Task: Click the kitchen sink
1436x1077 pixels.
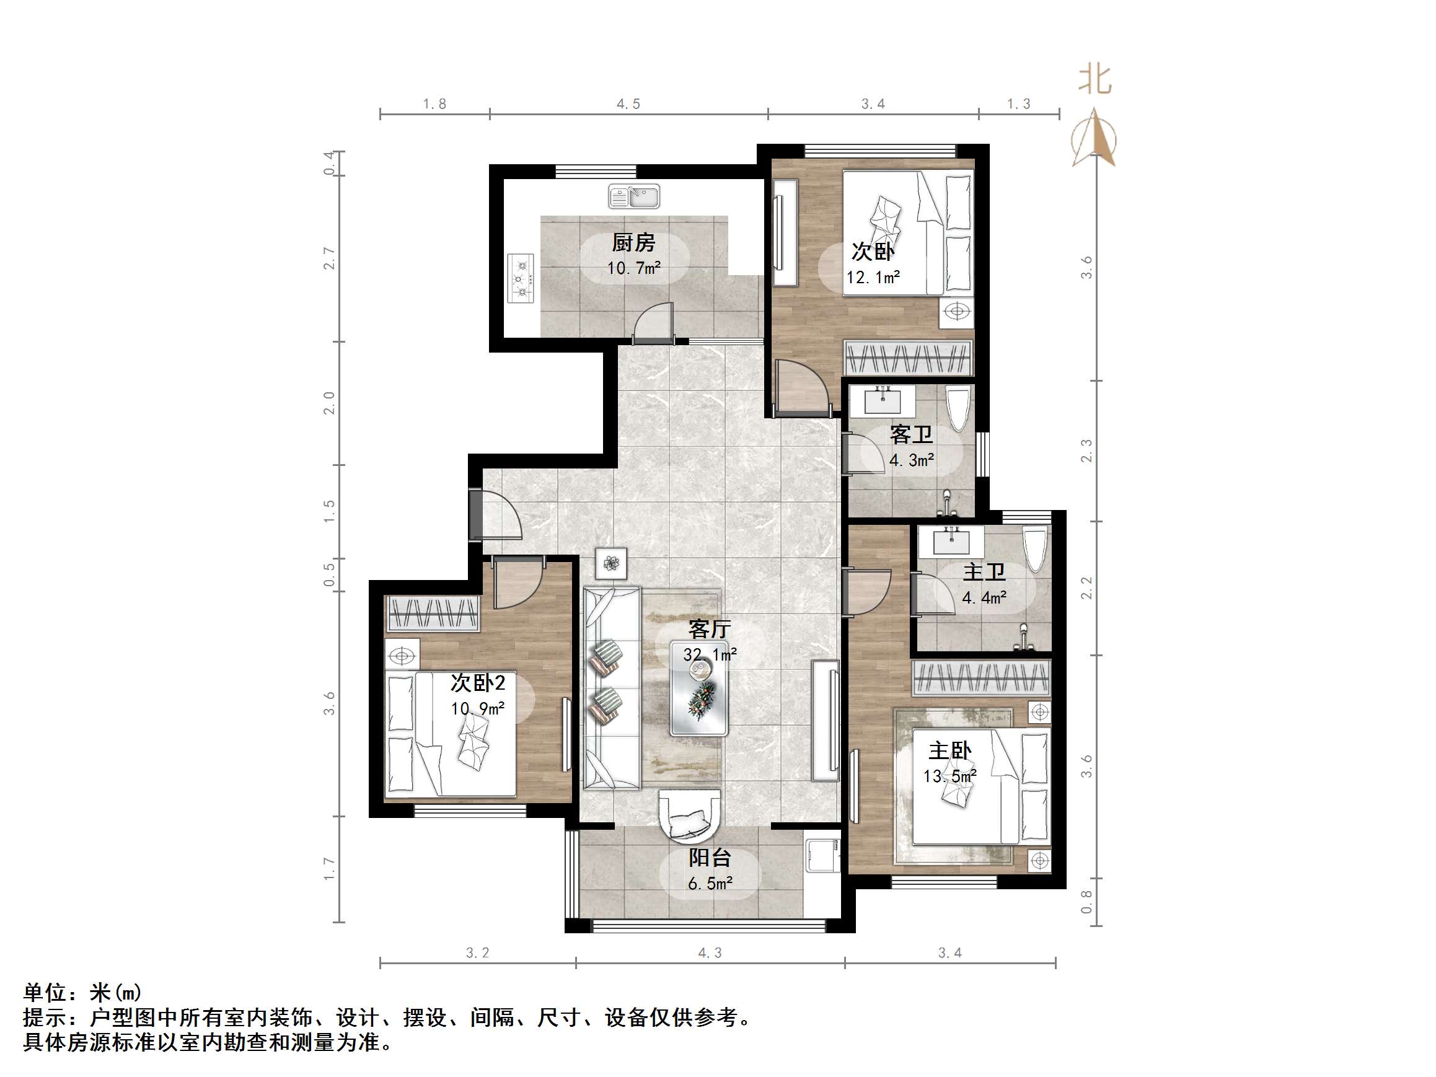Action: point(633,196)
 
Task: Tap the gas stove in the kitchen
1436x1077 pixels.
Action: point(520,278)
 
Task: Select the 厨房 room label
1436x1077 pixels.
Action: point(633,243)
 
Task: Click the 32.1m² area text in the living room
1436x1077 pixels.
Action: point(710,654)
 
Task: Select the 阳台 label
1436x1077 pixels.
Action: point(710,858)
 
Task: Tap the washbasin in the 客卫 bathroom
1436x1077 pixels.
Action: point(883,400)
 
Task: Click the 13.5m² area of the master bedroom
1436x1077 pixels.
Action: point(949,776)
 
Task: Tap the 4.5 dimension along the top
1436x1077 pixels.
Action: point(628,104)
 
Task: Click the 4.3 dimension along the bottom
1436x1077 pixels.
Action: point(710,953)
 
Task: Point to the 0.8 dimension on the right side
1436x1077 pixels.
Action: point(1086,901)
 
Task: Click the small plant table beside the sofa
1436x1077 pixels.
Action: point(611,563)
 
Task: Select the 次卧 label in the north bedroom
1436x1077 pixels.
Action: point(873,252)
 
